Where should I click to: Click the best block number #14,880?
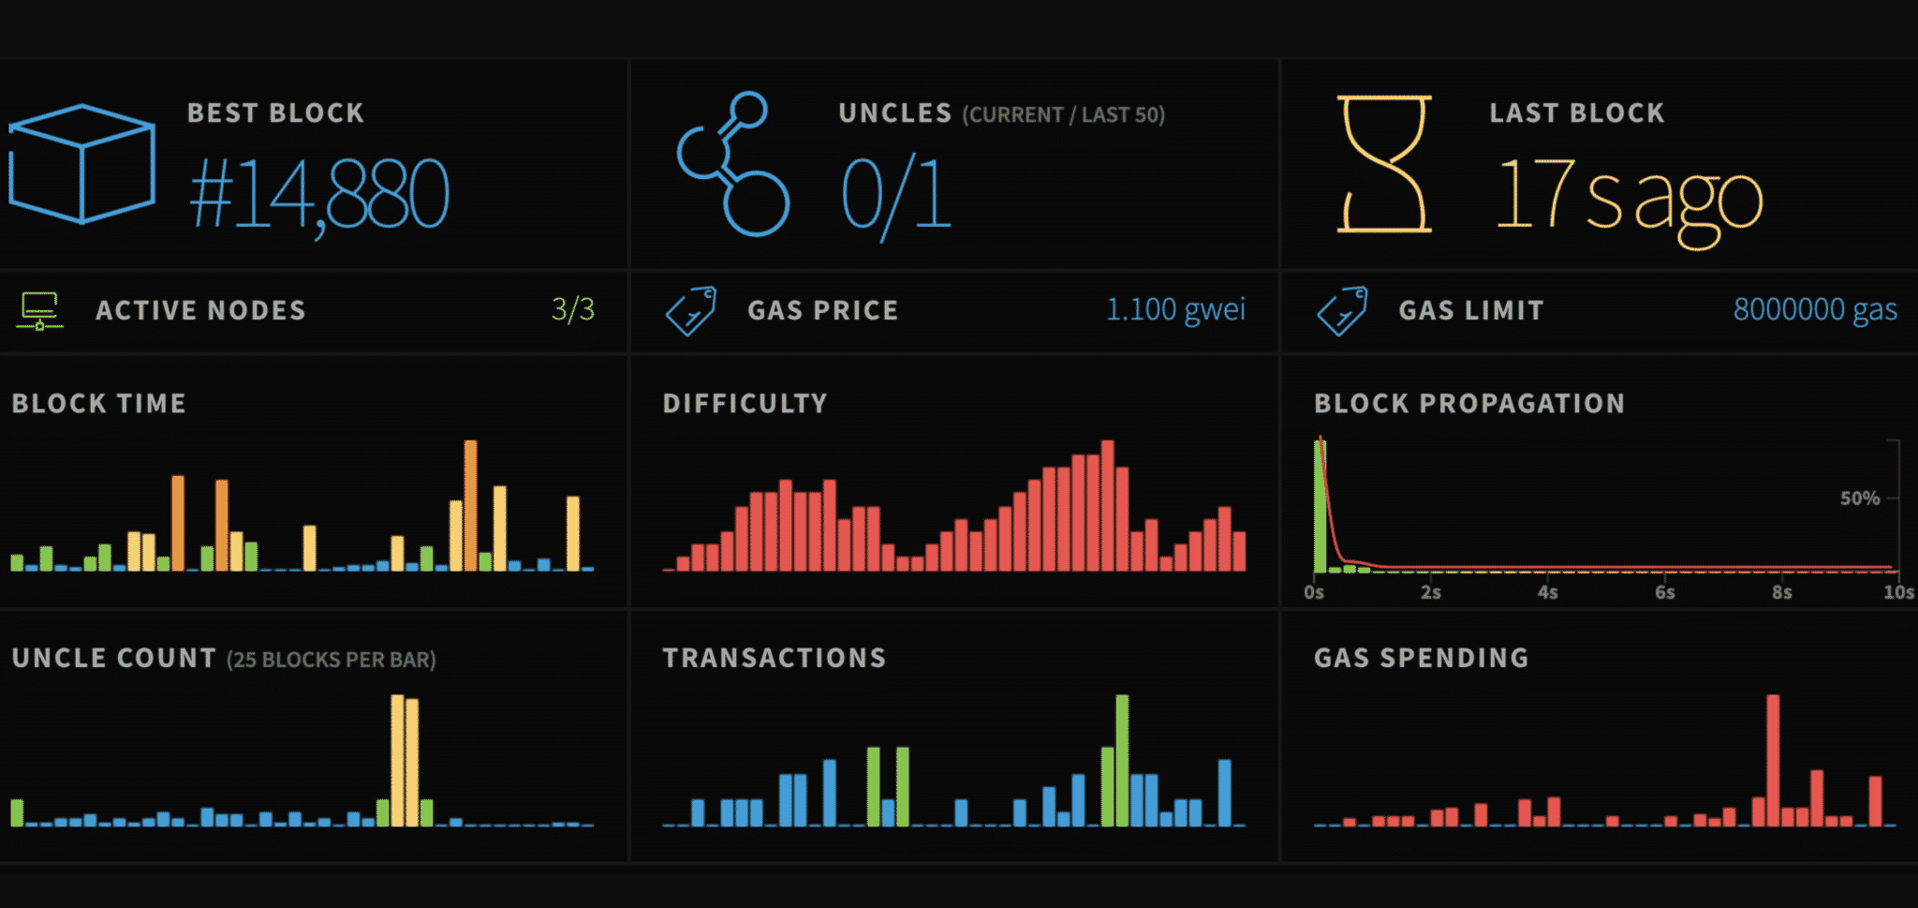click(319, 194)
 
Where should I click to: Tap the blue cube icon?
click(81, 164)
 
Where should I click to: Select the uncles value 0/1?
click(896, 195)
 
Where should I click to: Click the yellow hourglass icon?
click(1384, 164)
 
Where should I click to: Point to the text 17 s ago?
click(1629, 195)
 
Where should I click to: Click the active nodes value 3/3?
click(573, 309)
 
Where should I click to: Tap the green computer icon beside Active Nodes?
click(39, 310)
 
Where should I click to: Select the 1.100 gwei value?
click(1175, 309)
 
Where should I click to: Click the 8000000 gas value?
click(1814, 309)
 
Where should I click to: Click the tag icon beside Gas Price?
click(691, 310)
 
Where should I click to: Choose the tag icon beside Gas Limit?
click(1342, 310)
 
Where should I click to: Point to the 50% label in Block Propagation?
click(1859, 499)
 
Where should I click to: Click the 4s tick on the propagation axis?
click(1548, 592)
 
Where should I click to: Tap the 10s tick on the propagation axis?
click(1898, 592)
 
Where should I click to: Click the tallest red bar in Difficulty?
click(1108, 505)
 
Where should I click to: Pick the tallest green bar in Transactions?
click(1122, 760)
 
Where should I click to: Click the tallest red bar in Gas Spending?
click(1773, 760)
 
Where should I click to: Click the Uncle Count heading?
click(114, 659)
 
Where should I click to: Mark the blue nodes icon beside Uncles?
click(733, 164)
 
